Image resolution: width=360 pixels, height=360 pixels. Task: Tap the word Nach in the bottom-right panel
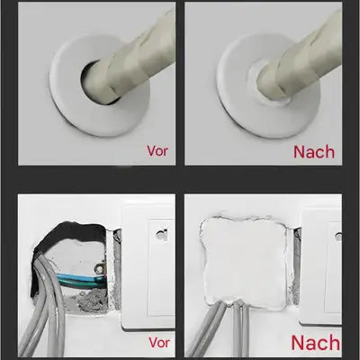(x=315, y=343)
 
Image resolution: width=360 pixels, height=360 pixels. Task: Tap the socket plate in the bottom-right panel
(x=324, y=270)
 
